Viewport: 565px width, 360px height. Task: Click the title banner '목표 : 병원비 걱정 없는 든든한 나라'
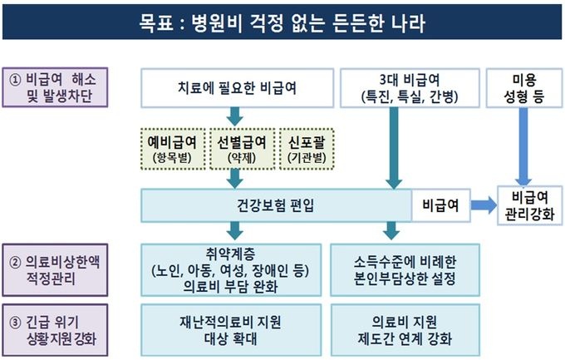[x=282, y=22]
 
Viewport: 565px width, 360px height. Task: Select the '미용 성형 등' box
[x=523, y=86]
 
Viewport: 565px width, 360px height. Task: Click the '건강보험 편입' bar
[x=276, y=205]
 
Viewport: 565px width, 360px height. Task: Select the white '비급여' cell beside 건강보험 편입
[x=439, y=205]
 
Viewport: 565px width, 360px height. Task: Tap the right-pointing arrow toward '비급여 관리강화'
[x=481, y=205]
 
